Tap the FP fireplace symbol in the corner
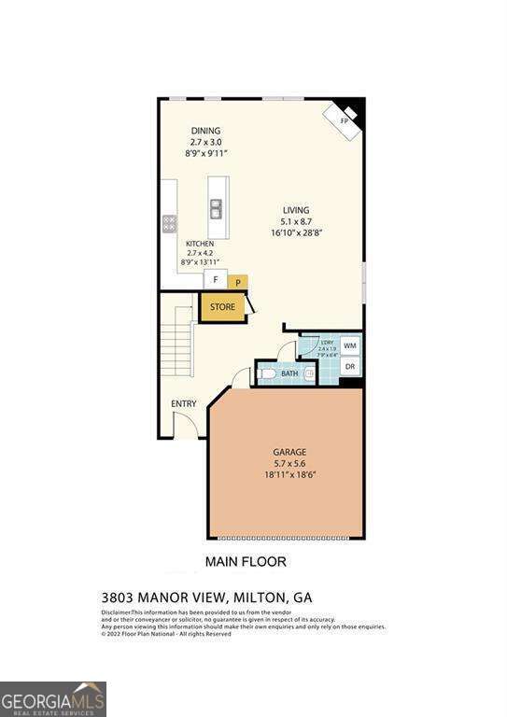pos(343,119)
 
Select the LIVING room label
pos(296,210)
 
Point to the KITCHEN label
pos(199,243)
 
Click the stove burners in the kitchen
pos(170,223)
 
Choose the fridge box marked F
pos(216,279)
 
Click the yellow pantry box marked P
pos(238,281)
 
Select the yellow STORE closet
pos(222,307)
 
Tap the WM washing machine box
pos(349,345)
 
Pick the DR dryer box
pos(349,367)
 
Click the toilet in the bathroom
pos(267,374)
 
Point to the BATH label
pos(289,374)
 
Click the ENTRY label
pos(183,403)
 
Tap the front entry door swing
pos(190,425)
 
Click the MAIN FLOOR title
pos(245,561)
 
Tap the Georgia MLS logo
pos(53,698)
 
